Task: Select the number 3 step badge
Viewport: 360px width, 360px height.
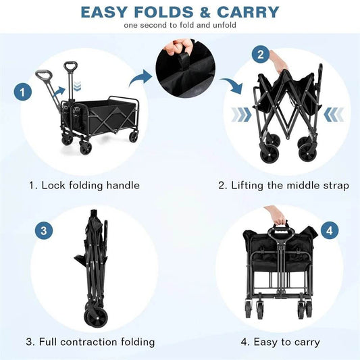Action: [x=44, y=230]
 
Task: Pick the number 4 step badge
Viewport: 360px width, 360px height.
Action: [x=328, y=230]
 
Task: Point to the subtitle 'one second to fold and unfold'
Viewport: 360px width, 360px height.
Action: [x=179, y=26]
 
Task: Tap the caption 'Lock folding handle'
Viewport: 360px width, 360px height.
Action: [x=84, y=185]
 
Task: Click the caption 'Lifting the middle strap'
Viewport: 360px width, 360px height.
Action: [x=284, y=185]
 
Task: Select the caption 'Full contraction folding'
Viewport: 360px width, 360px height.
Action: [x=91, y=342]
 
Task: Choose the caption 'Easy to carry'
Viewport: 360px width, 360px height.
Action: [x=280, y=342]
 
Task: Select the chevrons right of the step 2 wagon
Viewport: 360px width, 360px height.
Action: [x=333, y=114]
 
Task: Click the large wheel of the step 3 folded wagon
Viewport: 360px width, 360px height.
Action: [x=95, y=317]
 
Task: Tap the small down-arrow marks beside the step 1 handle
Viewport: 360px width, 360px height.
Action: [x=77, y=86]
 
